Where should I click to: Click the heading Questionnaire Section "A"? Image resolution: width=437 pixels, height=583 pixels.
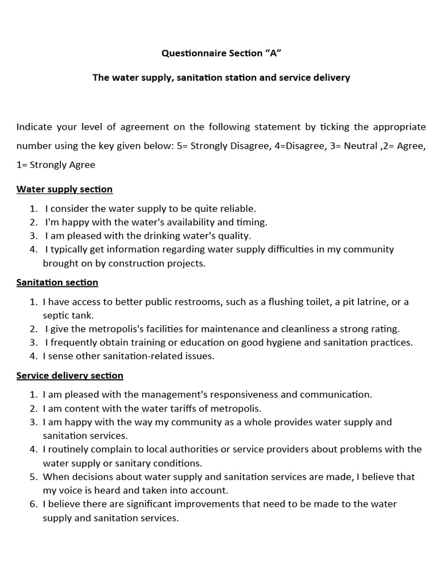tap(221, 54)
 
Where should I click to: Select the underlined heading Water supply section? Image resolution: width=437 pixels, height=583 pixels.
tap(64, 189)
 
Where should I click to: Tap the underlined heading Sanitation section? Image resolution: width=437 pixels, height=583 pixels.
tap(57, 282)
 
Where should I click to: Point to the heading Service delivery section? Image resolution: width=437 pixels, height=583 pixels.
tap(69, 376)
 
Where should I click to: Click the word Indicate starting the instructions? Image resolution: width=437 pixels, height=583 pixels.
tap(35, 126)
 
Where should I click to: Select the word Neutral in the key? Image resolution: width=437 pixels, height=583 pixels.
tap(356, 146)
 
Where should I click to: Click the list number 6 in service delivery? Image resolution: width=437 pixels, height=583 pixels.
tap(32, 504)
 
